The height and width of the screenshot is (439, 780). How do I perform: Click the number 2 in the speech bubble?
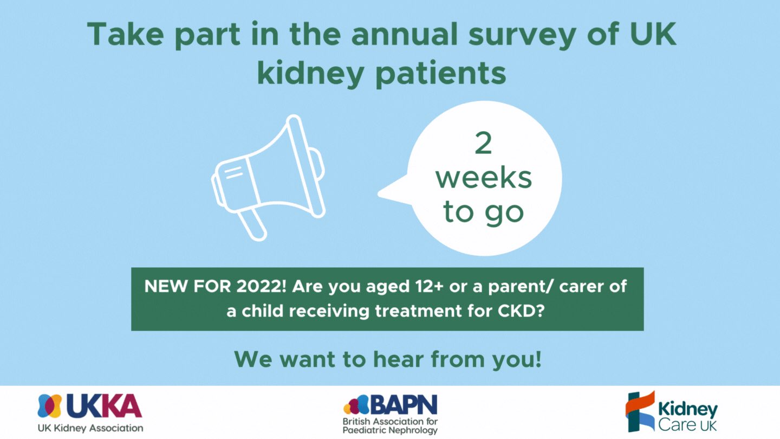tap(483, 143)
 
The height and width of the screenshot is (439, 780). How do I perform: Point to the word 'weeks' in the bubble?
tap(484, 178)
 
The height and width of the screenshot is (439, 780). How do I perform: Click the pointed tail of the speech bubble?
tap(380, 193)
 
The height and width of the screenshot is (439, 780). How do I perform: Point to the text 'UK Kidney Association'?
tap(90, 428)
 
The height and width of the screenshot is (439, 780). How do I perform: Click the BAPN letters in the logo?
tap(404, 404)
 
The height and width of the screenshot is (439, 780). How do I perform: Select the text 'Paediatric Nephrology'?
tap(390, 430)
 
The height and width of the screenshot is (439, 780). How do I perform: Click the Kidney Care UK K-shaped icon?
tap(640, 411)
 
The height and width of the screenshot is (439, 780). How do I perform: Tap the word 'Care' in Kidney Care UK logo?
tap(673, 425)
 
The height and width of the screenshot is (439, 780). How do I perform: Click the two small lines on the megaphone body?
tap(233, 172)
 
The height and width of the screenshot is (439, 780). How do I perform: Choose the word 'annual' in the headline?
tap(404, 34)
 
